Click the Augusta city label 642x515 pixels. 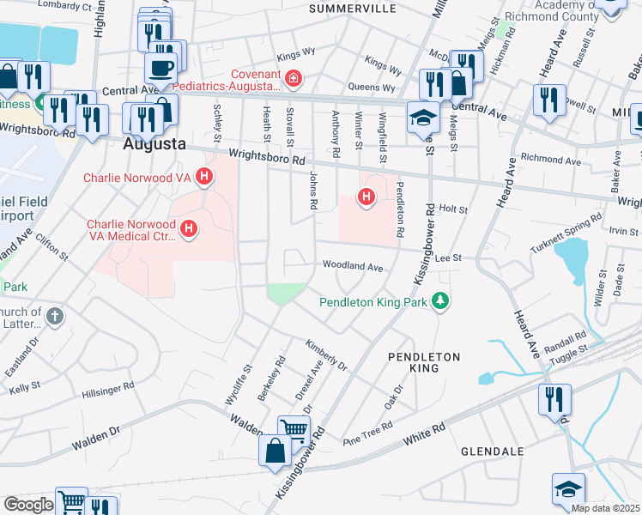pos(154,144)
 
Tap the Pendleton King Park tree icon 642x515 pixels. pos(440,301)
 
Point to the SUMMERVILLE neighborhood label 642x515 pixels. pos(352,9)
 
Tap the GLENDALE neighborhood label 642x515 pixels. pos(492,451)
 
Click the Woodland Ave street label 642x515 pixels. pos(352,267)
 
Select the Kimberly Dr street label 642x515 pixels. pos(326,354)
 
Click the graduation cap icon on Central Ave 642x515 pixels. pos(422,118)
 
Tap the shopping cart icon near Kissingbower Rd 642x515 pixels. pos(294,428)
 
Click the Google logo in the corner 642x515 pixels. pos(28,505)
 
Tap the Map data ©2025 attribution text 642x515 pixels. pos(606,508)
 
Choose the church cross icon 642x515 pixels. pos(53,316)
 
